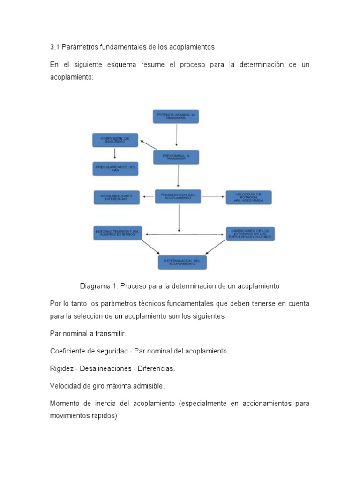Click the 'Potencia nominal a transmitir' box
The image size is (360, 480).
pos(176,117)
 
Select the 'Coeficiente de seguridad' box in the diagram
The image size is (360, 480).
pos(115,141)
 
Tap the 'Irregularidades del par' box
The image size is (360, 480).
pos(115,169)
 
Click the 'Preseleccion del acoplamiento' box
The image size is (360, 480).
pos(178,196)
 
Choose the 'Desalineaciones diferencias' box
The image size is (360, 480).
pos(117,197)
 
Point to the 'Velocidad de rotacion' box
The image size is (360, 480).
pos(248,197)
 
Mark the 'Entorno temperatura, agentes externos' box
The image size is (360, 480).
pos(117,233)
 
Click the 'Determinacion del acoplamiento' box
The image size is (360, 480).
pos(182,262)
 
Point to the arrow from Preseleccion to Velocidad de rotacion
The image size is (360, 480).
pos(213,197)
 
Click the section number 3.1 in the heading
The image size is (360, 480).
pos(54,47)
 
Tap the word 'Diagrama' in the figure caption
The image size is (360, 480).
pos(95,286)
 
